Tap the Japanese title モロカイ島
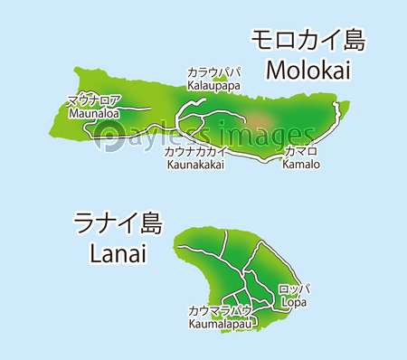(x=307, y=40)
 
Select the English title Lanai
(x=118, y=253)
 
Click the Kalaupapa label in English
(x=213, y=85)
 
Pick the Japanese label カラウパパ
(x=213, y=72)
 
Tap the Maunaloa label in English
(x=92, y=113)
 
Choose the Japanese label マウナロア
(x=92, y=101)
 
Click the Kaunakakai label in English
(x=195, y=165)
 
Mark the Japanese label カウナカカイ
(x=195, y=152)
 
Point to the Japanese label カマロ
(x=300, y=152)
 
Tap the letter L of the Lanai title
(x=97, y=253)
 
